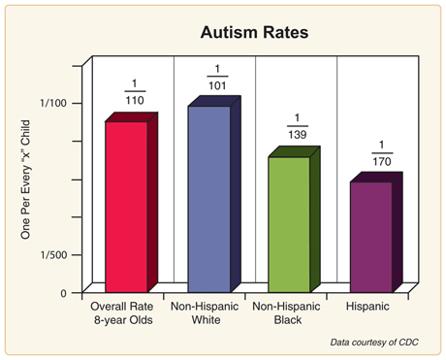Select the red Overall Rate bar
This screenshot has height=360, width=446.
(126, 204)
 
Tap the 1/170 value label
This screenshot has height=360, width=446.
(379, 152)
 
